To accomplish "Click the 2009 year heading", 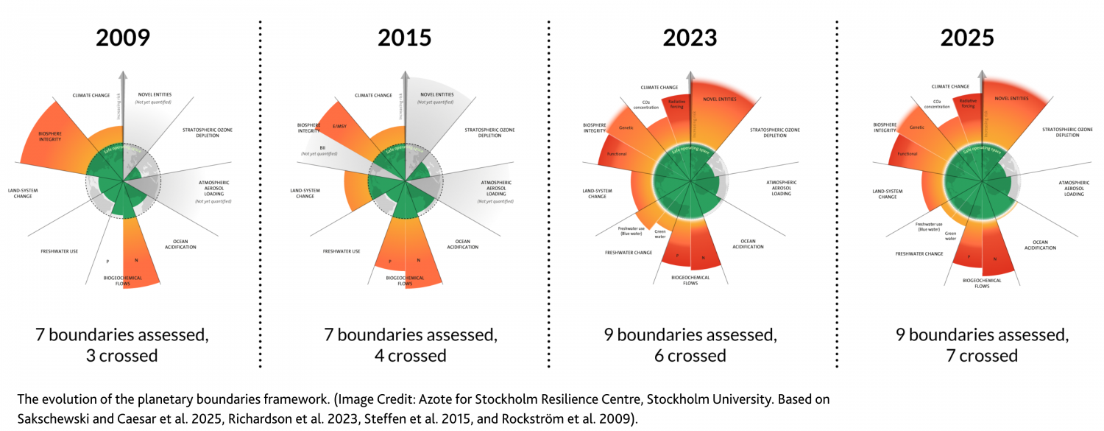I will pyautogui.click(x=122, y=38).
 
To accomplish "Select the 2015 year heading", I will pyautogui.click(x=404, y=38).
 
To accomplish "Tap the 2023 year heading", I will pyautogui.click(x=689, y=38).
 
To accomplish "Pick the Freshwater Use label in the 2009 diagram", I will pyautogui.click(x=60, y=251).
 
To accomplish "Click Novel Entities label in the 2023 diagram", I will pyautogui.click(x=721, y=99).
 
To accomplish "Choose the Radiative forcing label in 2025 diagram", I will pyautogui.click(x=967, y=105).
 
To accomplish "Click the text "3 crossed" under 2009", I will pyautogui.click(x=122, y=356).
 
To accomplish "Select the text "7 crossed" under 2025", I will pyautogui.click(x=982, y=356).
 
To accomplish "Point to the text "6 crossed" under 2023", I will pyautogui.click(x=690, y=356).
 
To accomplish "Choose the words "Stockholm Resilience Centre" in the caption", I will pyautogui.click(x=509, y=399).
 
